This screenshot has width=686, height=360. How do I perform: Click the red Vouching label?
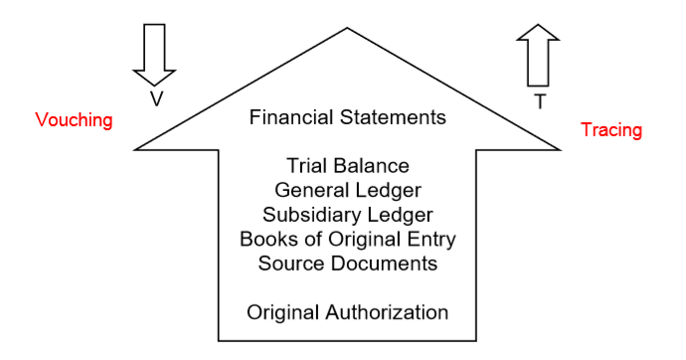(74, 120)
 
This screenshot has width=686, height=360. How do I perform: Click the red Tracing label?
(611, 130)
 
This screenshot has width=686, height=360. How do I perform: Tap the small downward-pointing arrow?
(154, 54)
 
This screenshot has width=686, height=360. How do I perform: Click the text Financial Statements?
(347, 117)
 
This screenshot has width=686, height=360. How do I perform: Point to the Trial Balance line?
(347, 165)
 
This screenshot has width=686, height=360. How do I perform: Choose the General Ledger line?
(347, 190)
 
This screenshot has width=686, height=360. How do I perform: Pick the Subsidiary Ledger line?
(347, 215)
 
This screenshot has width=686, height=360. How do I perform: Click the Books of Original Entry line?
(347, 239)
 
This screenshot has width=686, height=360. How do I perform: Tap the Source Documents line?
(347, 264)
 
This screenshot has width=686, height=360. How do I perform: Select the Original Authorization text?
(347, 312)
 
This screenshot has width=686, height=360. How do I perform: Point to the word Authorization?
(387, 312)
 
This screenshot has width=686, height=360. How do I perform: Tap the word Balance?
(373, 165)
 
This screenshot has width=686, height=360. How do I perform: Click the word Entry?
(432, 240)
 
